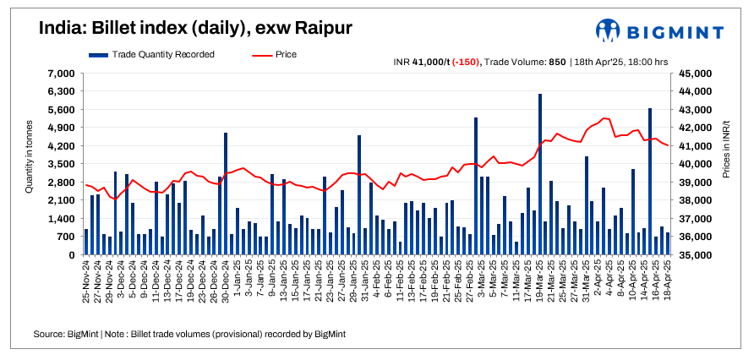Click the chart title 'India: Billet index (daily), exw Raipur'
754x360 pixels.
point(195,29)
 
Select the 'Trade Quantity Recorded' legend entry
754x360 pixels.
point(151,54)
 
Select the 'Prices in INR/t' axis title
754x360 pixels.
point(726,164)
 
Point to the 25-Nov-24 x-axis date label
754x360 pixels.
point(85,284)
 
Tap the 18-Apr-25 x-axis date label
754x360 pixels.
point(668,284)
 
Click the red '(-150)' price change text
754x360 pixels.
point(463,62)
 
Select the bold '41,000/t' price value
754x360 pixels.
point(430,62)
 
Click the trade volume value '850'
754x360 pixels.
point(557,62)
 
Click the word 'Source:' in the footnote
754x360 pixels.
point(50,335)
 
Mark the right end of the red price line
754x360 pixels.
point(668,146)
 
